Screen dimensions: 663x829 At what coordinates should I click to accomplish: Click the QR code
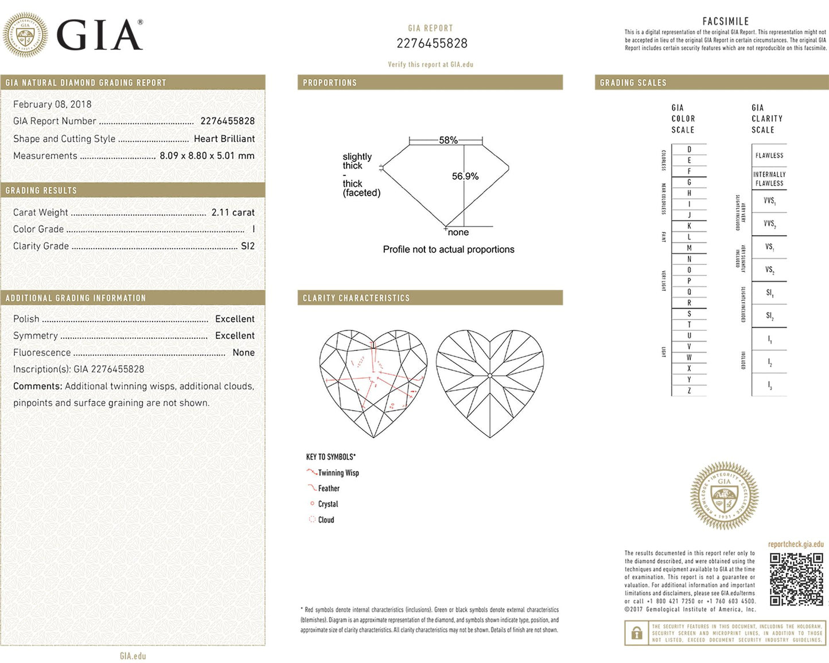coord(796,579)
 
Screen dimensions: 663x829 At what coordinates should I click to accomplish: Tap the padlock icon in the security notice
coord(636,633)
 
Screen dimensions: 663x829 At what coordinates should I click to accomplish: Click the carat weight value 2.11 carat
coord(233,212)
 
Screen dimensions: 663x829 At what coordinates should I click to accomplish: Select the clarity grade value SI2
coord(248,246)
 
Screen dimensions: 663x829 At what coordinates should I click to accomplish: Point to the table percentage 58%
coord(448,140)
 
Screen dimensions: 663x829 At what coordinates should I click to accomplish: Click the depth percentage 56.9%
coord(465,176)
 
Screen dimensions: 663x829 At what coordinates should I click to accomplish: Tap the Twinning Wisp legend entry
coord(338,473)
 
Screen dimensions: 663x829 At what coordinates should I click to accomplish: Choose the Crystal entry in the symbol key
coord(328,504)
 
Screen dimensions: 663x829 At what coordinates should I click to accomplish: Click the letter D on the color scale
coord(689,150)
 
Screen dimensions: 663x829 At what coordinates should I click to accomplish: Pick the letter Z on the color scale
coord(689,391)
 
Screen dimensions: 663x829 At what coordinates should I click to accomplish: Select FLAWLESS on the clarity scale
coord(769,155)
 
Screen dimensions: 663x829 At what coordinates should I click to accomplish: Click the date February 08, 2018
coord(52,104)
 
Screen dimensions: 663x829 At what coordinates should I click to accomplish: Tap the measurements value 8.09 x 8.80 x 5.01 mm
coord(207,155)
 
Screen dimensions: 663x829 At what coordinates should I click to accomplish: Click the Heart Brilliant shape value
coord(224,139)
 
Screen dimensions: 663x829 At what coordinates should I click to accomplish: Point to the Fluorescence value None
coord(243,353)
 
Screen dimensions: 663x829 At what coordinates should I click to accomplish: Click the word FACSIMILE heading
coord(726,21)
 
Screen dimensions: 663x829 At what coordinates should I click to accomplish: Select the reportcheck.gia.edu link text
coord(796,544)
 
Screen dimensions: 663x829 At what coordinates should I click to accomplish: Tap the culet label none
coord(458,232)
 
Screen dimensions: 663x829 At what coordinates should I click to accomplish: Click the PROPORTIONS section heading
coord(330,83)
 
